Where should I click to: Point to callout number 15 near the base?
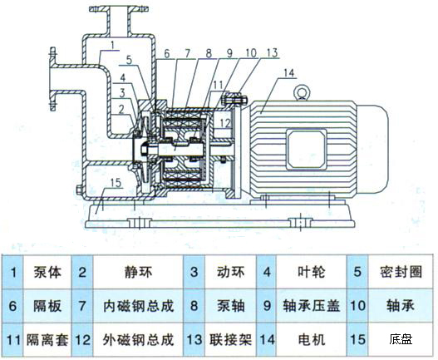tap(116, 182)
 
